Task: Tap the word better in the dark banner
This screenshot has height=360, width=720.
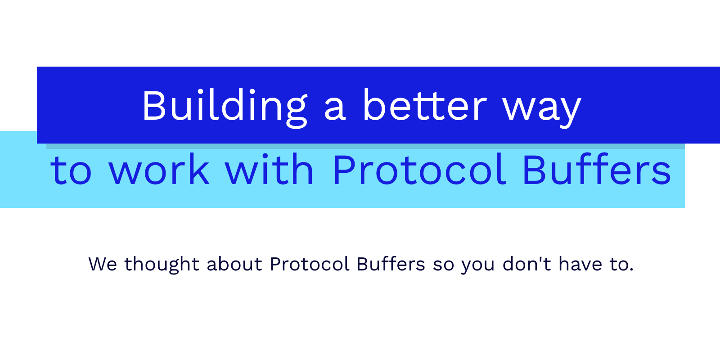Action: (425, 105)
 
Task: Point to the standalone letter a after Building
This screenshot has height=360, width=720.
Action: (335, 109)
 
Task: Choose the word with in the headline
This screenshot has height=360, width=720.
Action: (269, 169)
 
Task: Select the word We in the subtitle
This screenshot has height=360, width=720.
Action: (103, 264)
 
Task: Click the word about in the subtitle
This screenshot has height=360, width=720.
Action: (234, 264)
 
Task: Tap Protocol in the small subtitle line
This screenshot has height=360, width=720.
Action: (310, 264)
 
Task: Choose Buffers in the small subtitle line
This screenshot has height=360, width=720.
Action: (391, 264)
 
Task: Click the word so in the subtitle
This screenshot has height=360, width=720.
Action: (444, 266)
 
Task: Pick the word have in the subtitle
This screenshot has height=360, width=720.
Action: (580, 264)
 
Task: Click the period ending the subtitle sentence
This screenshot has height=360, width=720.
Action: (632, 270)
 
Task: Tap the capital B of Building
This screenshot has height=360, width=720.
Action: (154, 105)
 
